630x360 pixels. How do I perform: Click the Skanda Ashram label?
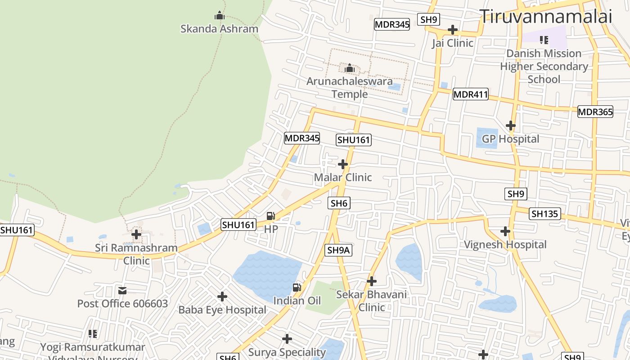(219, 29)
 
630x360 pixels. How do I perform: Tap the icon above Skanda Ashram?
(219, 16)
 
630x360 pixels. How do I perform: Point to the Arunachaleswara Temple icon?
(350, 68)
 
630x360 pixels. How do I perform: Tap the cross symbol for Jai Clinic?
(453, 30)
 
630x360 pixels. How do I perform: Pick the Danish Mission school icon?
(544, 40)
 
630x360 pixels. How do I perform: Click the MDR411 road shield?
(470, 94)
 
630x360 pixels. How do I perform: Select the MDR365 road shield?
(595, 112)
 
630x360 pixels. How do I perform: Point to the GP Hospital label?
(510, 139)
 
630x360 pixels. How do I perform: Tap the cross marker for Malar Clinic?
(343, 164)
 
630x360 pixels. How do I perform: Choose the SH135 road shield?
(544, 214)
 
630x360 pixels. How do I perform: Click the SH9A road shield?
(338, 250)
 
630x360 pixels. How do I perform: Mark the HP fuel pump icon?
(270, 216)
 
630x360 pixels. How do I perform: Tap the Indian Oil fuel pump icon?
(297, 288)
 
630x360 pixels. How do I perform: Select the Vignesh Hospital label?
(505, 245)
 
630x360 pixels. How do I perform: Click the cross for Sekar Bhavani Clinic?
(371, 281)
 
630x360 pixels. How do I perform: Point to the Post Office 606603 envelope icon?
(122, 291)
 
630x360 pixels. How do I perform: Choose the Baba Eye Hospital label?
(222, 310)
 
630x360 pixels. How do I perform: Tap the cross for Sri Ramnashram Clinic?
(136, 234)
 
